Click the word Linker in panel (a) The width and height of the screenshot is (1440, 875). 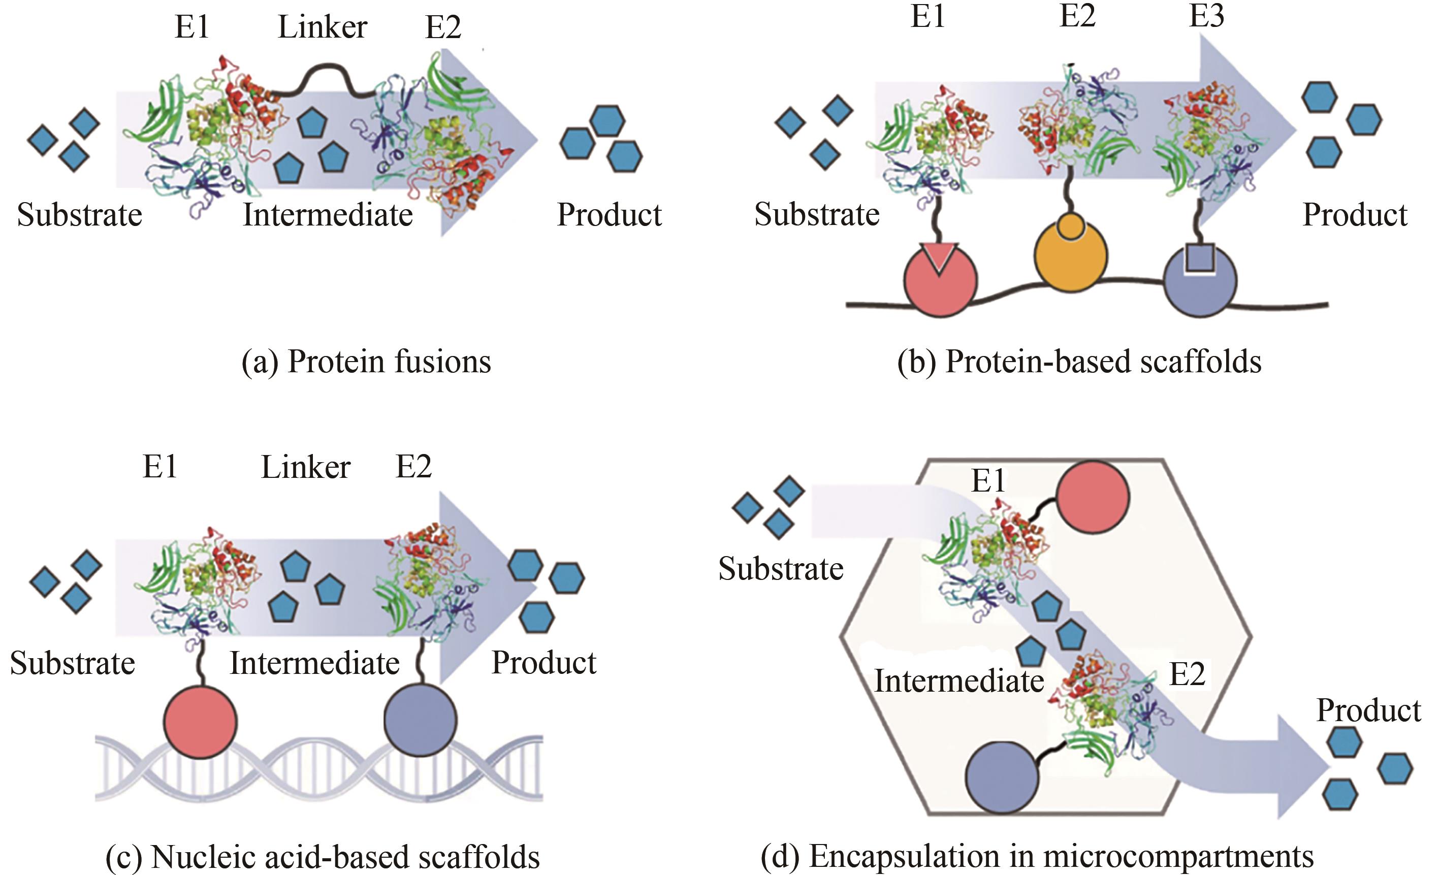(x=322, y=27)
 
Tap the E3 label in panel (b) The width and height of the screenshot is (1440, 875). (x=1206, y=16)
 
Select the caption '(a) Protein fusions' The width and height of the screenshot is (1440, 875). (x=366, y=362)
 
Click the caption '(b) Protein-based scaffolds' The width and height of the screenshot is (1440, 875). (x=1079, y=362)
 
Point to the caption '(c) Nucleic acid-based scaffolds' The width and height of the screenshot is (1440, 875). (x=323, y=857)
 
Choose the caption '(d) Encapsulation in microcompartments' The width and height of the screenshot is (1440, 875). (x=1037, y=857)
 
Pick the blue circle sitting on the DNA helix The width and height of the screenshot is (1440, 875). (x=420, y=720)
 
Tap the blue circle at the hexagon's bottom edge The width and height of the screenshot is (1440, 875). (x=1002, y=777)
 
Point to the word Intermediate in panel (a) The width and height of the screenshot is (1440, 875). (x=327, y=215)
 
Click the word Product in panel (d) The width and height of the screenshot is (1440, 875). (x=1368, y=711)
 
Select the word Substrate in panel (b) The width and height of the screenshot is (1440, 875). (x=816, y=214)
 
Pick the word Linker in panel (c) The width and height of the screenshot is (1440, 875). (x=305, y=467)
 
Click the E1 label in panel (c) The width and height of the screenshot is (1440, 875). (x=159, y=467)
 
